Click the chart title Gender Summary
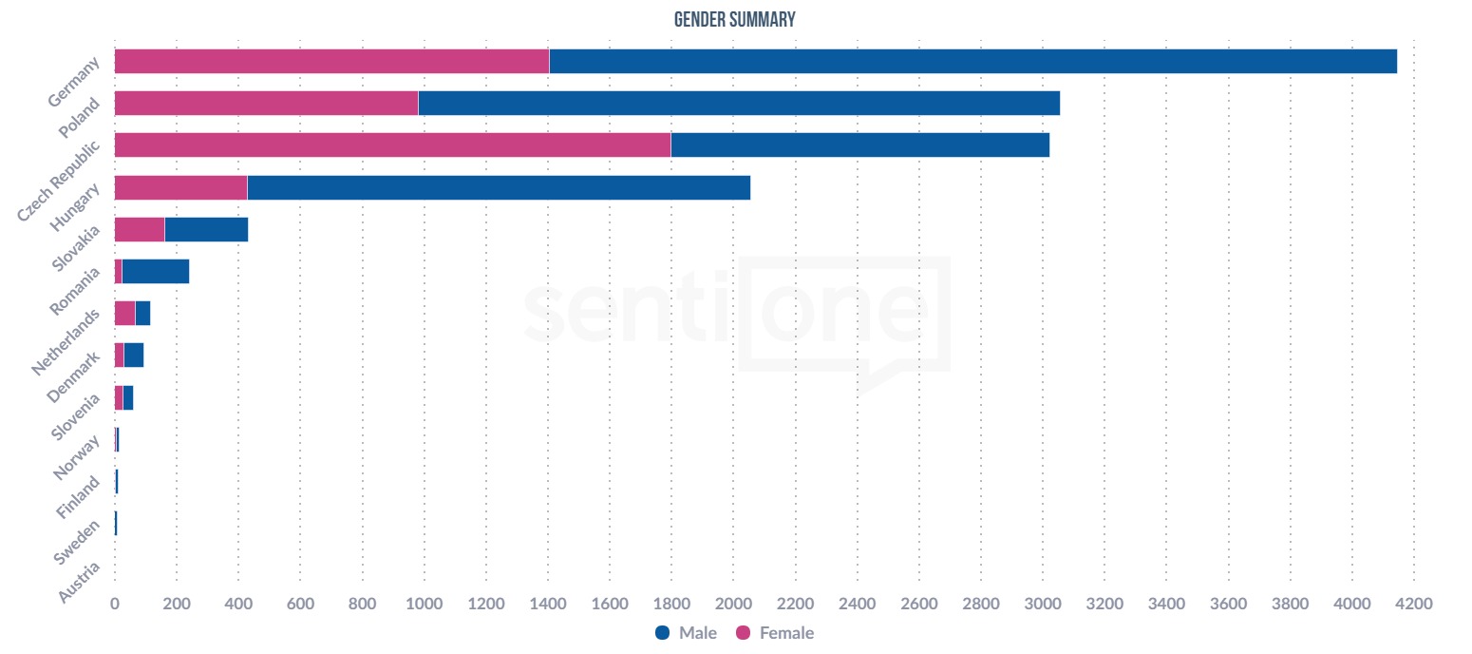pyautogui.click(x=734, y=20)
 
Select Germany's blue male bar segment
pyautogui.click(x=972, y=61)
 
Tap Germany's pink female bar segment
pyautogui.click(x=331, y=61)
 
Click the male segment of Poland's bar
pyautogui.click(x=739, y=103)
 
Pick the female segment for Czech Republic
pyautogui.click(x=392, y=144)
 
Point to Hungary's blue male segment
pyautogui.click(x=499, y=187)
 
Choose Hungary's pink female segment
pyautogui.click(x=180, y=187)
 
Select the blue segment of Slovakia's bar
pyautogui.click(x=206, y=229)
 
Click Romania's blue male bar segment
pyautogui.click(x=156, y=271)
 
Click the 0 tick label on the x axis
pyautogui.click(x=115, y=603)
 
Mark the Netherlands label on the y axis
pyautogui.click(x=66, y=341)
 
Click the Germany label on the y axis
pyautogui.click(x=73, y=83)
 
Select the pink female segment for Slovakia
pyautogui.click(x=140, y=229)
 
